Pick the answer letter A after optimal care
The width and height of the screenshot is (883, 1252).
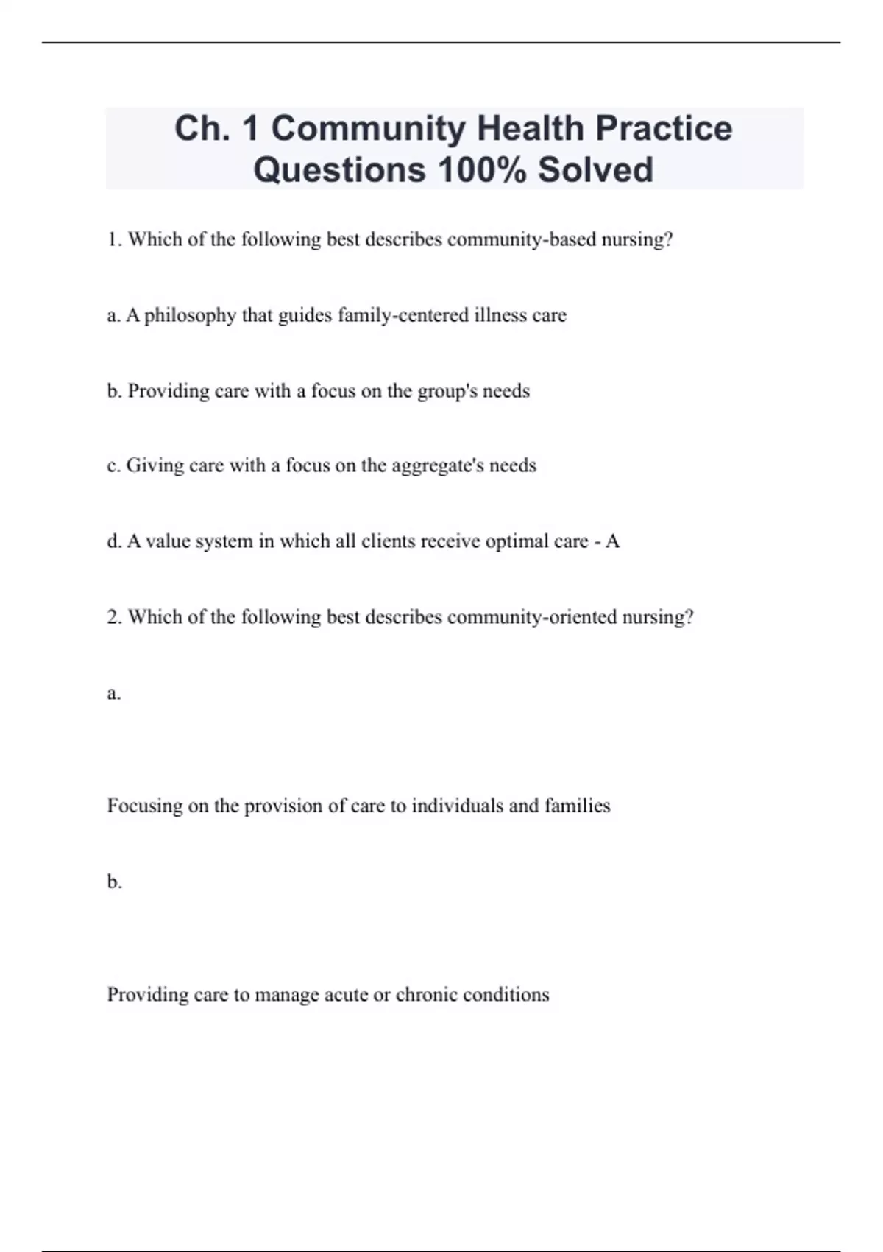click(612, 541)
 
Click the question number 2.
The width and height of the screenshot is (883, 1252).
click(113, 617)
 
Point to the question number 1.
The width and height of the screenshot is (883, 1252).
click(113, 240)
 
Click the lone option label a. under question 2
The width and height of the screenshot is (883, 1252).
click(113, 693)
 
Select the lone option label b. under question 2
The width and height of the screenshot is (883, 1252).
click(114, 882)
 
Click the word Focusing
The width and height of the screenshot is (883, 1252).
click(144, 806)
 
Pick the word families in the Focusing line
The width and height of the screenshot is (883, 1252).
click(577, 806)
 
